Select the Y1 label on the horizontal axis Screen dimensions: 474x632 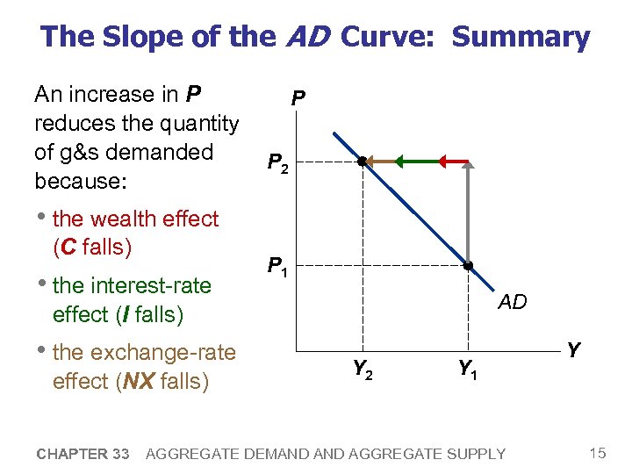click(x=468, y=370)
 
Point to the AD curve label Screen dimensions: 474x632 click(x=512, y=303)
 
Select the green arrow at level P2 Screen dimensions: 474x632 click(x=415, y=162)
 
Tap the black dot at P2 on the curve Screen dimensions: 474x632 click(x=362, y=162)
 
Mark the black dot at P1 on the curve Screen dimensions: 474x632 click(x=468, y=265)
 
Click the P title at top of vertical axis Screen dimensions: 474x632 click(x=298, y=101)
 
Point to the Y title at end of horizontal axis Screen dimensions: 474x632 click(x=573, y=350)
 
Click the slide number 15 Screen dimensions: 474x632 click(x=598, y=453)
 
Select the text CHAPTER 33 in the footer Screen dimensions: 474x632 click(x=83, y=454)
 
